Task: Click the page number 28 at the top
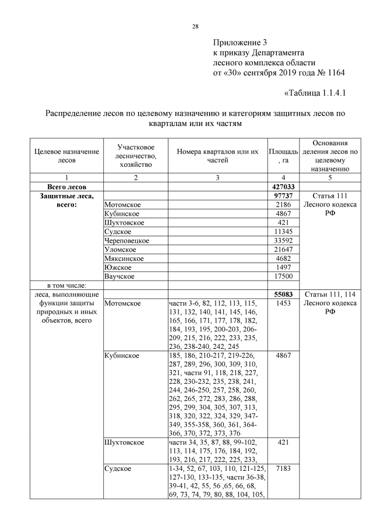pos(196,26)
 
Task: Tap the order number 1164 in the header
pos(334,73)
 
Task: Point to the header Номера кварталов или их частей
pos(217,156)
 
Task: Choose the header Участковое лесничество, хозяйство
pos(135,156)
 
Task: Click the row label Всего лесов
pos(66,187)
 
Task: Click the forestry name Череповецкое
pos(127,240)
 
